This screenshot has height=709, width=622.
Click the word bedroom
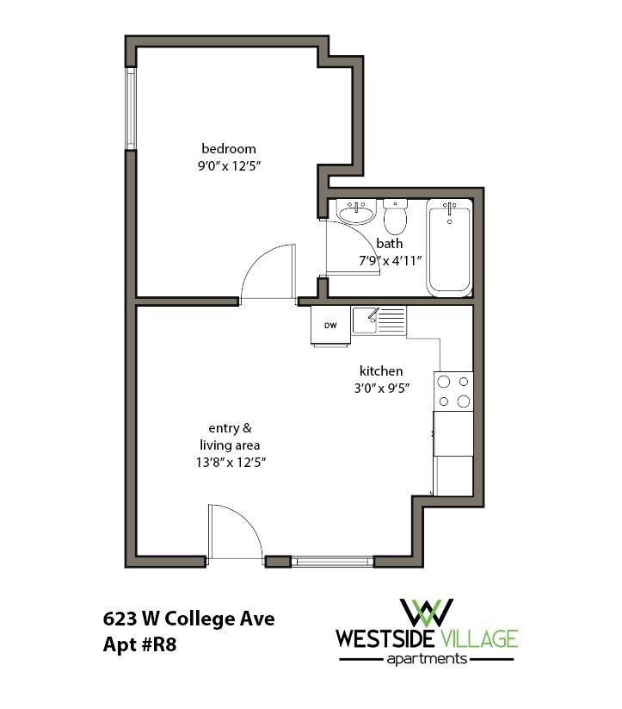pos(228,148)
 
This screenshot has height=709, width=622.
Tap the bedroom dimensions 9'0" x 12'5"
pos(229,166)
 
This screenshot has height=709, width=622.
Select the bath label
pos(390,243)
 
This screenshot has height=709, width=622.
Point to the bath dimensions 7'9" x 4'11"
pos(390,260)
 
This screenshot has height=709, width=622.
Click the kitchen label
pos(381,370)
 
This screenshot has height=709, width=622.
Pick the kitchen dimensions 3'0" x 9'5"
pos(381,388)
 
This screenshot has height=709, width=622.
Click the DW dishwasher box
pos(330,326)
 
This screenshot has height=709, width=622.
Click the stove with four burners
pos(453,390)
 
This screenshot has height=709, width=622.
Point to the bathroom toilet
pos(395,217)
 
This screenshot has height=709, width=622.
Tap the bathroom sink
pos(355,211)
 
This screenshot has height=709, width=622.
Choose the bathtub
pos(449,248)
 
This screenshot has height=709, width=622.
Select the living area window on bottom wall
pos(331,562)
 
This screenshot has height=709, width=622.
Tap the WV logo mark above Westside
pos(428,611)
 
